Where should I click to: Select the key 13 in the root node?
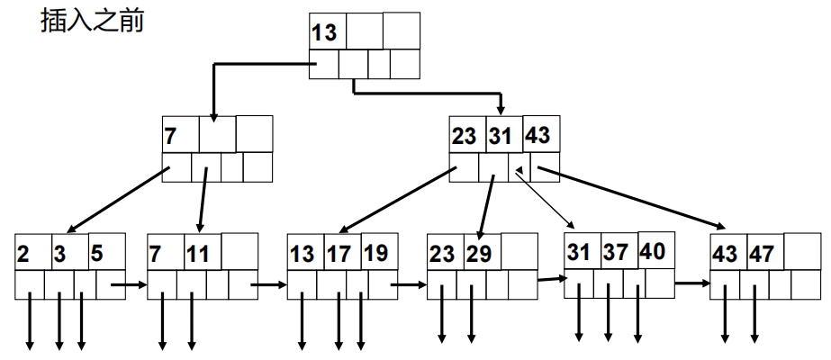point(324,34)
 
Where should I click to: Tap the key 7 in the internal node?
point(171,137)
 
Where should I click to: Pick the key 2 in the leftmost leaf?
point(23,255)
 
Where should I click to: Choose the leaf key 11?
point(198,255)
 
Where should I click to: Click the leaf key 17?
point(339,255)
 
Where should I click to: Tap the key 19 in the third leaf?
point(375,254)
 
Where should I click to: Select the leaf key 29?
point(479,255)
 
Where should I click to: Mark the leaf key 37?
point(616,254)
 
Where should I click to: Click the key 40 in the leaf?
point(653,251)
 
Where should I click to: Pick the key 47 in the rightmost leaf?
point(763,255)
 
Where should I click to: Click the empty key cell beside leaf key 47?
point(802,251)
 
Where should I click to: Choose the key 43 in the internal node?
point(537,136)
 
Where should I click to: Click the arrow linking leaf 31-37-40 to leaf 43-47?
point(691,283)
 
